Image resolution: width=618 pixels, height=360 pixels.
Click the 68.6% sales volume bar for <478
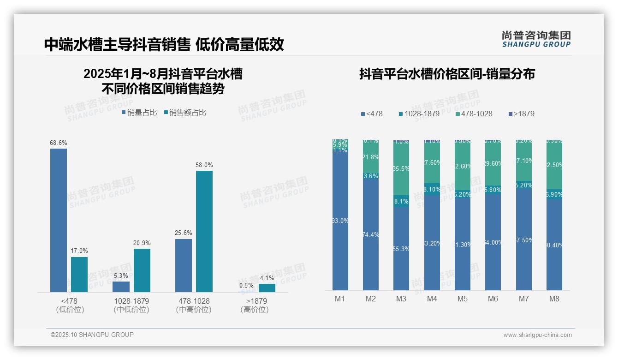pyautogui.click(x=59, y=220)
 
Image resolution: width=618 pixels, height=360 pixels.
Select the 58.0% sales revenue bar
pyautogui.click(x=204, y=231)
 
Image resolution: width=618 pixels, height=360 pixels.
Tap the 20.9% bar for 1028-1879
pyautogui.click(x=142, y=270)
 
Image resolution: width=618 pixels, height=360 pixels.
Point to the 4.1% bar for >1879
pyautogui.click(x=267, y=288)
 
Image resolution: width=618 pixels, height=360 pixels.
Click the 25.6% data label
pyautogui.click(x=184, y=233)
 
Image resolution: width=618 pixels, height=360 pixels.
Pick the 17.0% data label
pyautogui.click(x=79, y=251)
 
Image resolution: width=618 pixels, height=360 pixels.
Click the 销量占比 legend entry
pyautogui.click(x=139, y=113)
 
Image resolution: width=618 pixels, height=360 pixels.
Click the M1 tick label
pyautogui.click(x=340, y=299)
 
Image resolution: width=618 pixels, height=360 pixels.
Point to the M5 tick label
pyautogui.click(x=463, y=299)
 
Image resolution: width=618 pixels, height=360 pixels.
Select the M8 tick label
pyautogui.click(x=554, y=299)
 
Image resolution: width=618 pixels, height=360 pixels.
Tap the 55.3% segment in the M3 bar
pyautogui.click(x=401, y=249)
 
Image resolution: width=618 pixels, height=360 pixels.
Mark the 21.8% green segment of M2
pyautogui.click(x=371, y=157)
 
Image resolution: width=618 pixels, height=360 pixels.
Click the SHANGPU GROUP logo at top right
pyautogui.click(x=536, y=39)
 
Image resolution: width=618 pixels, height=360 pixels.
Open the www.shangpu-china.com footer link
pyautogui.click(x=537, y=335)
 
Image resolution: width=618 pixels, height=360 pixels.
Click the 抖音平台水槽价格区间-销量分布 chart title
pyautogui.click(x=447, y=74)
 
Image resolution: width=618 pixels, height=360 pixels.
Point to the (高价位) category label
pyautogui.click(x=255, y=310)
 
